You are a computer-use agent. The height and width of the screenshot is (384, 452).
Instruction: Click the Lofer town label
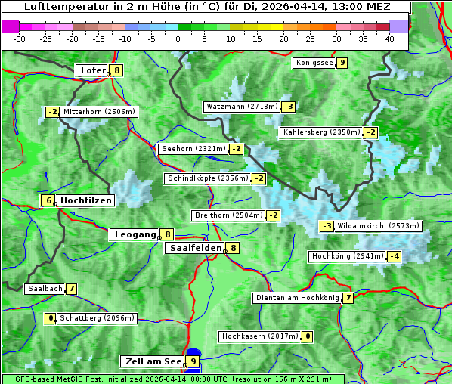pos(92,70)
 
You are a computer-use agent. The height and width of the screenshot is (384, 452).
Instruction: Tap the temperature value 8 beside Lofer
pos(116,70)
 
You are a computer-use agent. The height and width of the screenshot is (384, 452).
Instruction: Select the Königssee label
pos(314,63)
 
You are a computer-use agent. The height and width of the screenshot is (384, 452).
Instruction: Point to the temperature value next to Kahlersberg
pos(370,132)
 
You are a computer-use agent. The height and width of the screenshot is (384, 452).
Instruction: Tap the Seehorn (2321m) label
pos(193,149)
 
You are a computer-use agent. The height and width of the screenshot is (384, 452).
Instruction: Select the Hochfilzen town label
pos(86,200)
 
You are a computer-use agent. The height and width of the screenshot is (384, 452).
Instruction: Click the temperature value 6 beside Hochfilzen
pos(48,200)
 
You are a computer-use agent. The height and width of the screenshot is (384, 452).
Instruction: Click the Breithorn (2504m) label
pos(228,215)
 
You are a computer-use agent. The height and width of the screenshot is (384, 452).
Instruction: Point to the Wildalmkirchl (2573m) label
pos(378,226)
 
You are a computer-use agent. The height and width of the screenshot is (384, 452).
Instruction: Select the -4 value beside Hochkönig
pos(395,256)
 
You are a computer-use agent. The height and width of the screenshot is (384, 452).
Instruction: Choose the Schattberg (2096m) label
pos(98,318)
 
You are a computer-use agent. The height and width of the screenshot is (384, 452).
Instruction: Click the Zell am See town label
pos(153,361)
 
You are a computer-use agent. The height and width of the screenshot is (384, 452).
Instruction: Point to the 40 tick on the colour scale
pos(389,39)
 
